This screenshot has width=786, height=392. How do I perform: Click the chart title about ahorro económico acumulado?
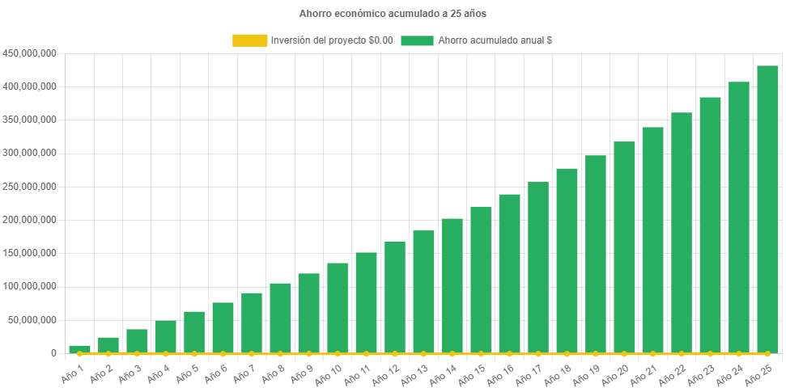pyautogui.click(x=393, y=14)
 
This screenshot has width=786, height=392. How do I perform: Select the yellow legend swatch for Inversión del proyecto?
pyautogui.click(x=249, y=40)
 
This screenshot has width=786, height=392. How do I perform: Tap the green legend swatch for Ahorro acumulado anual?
pyautogui.click(x=417, y=40)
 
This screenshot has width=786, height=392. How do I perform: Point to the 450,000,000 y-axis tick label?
pyautogui.click(x=29, y=53)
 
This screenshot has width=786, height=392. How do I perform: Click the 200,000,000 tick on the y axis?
pyautogui.click(x=29, y=220)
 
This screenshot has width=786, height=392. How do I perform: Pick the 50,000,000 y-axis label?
pyautogui.click(x=32, y=320)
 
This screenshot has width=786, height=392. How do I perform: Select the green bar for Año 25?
pyautogui.click(x=767, y=209)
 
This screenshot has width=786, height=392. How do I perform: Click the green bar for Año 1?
pyautogui.click(x=79, y=349)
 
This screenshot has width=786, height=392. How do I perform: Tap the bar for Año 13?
pyautogui.click(x=423, y=292)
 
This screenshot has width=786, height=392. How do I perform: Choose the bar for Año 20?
pyautogui.click(x=624, y=247)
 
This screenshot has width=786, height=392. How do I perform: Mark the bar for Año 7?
pyautogui.click(x=252, y=322)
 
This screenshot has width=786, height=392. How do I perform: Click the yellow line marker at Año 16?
pyautogui.click(x=509, y=353)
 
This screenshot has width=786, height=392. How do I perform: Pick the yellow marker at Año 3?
pyautogui.click(x=137, y=353)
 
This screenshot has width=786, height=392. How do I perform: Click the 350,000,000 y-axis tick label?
pyautogui.click(x=29, y=120)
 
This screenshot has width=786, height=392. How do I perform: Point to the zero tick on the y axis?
pyautogui.click(x=53, y=353)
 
